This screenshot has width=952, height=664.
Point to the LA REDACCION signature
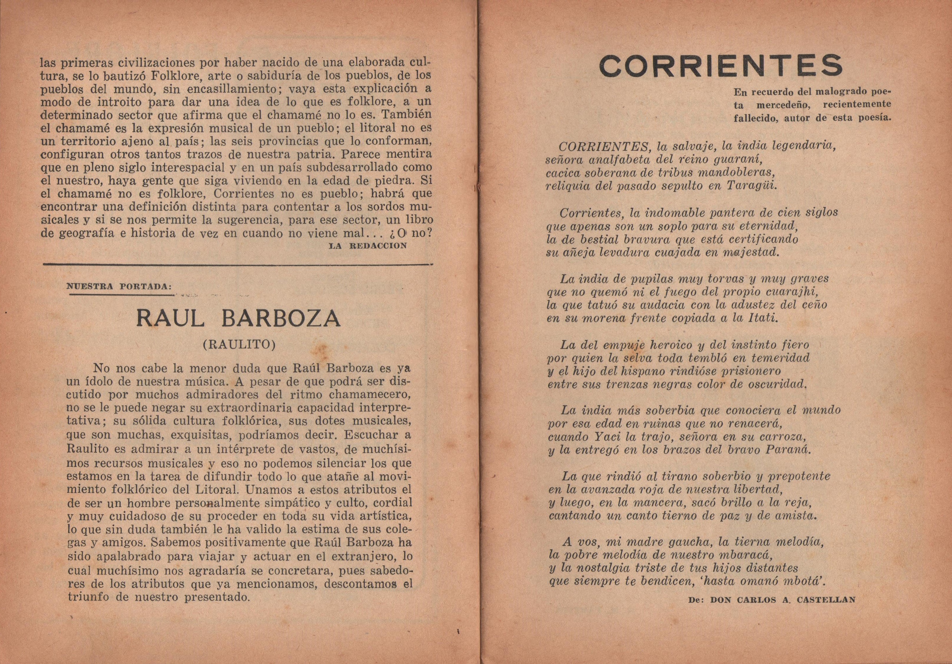point(368,246)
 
